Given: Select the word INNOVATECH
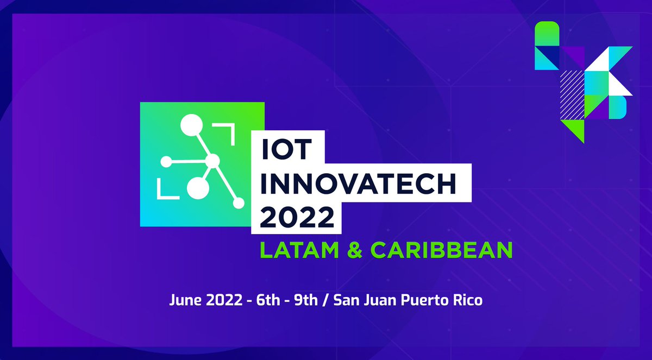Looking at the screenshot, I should [x=358, y=185].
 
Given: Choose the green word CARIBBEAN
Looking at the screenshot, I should [x=442, y=250].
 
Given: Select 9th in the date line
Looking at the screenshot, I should [x=304, y=300].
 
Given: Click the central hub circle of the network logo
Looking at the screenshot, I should [x=212, y=161].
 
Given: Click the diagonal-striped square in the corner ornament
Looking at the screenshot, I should [x=572, y=83].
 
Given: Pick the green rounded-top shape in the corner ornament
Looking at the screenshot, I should [x=547, y=34].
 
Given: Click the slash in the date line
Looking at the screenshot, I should [x=327, y=300].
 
